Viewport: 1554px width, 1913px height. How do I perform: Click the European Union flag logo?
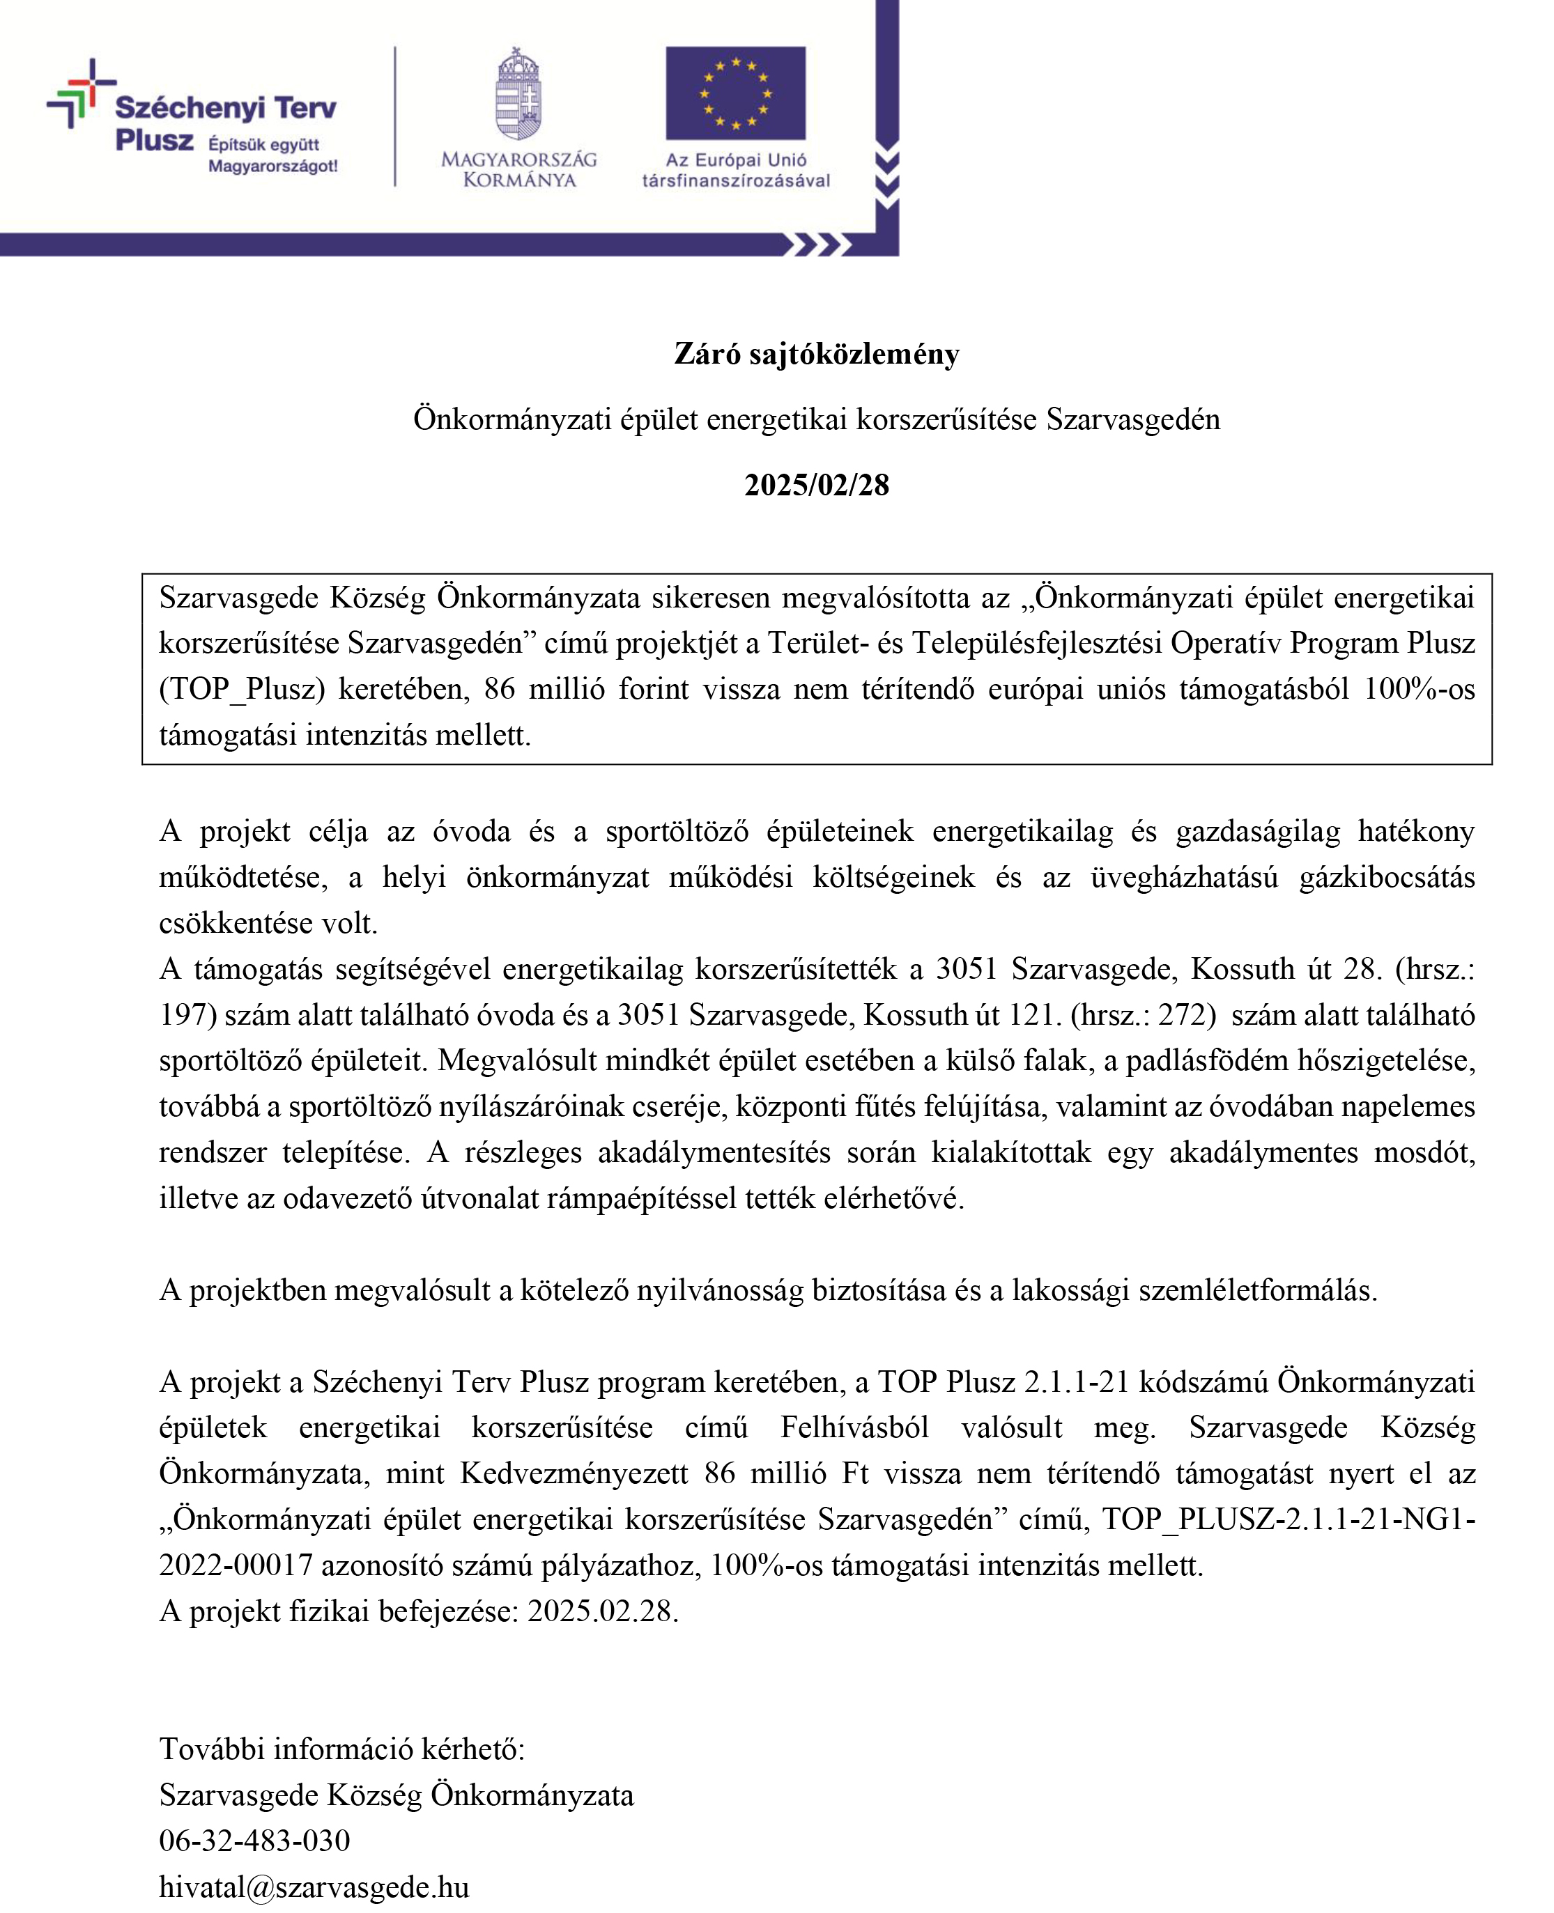click(x=735, y=93)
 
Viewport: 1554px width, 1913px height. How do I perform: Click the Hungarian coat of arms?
click(x=519, y=94)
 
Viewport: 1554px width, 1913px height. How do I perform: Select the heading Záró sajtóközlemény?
click(x=817, y=355)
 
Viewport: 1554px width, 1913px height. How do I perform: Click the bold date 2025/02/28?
click(x=817, y=485)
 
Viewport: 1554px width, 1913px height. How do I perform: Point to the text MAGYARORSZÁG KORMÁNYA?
click(x=519, y=169)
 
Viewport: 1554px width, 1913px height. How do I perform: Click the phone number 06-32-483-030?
click(x=254, y=1841)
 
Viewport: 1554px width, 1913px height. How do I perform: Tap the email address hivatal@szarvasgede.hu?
click(x=314, y=1887)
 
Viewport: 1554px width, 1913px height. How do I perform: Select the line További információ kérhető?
click(x=342, y=1749)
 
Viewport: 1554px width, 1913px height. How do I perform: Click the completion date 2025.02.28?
click(x=603, y=1611)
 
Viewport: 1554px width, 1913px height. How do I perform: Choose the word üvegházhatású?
click(x=1183, y=878)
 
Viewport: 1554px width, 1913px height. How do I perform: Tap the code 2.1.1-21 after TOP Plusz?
click(x=1076, y=1382)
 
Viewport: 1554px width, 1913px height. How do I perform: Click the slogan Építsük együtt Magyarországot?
click(x=272, y=155)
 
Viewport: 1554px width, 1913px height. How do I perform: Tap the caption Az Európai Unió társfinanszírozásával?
click(x=735, y=170)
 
